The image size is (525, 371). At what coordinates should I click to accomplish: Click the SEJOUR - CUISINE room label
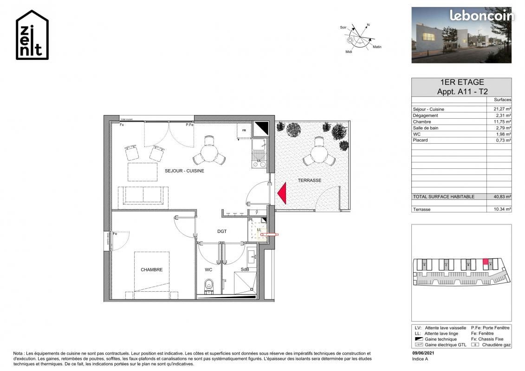click(x=184, y=171)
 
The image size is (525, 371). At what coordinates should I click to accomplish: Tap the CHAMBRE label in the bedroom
click(x=152, y=269)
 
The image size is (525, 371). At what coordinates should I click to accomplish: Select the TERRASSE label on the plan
click(x=309, y=180)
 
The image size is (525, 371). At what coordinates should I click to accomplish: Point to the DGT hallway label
click(x=222, y=231)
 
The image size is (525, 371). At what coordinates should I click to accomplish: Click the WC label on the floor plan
click(x=208, y=269)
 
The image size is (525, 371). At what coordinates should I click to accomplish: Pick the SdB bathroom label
click(x=245, y=269)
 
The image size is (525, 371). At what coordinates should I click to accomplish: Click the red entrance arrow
click(x=281, y=193)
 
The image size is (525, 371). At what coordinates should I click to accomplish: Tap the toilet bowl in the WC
click(x=208, y=284)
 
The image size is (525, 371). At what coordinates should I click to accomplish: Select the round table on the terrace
click(x=318, y=152)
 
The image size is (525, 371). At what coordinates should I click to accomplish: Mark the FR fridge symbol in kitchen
click(x=243, y=131)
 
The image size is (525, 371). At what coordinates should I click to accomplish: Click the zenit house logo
click(x=32, y=35)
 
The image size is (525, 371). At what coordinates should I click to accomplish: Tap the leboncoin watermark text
click(x=481, y=16)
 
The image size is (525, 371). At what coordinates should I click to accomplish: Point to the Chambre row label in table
click(x=422, y=122)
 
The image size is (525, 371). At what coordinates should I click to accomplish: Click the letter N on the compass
click(x=368, y=24)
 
